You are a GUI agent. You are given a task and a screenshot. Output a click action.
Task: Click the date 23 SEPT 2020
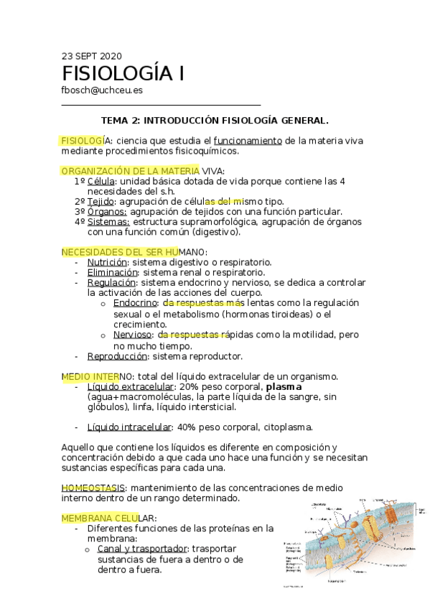pyautogui.click(x=92, y=55)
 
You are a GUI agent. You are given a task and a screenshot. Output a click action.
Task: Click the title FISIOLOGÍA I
pyautogui.click(x=123, y=74)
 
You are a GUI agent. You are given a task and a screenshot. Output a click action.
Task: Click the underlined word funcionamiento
pyautogui.click(x=247, y=140)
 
